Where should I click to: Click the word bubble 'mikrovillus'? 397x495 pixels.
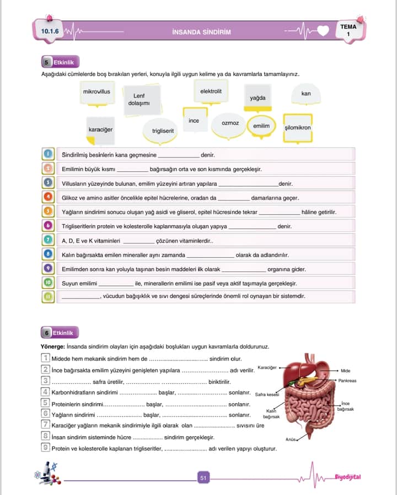coord(96,92)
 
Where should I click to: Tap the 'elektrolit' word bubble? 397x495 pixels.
coord(211,91)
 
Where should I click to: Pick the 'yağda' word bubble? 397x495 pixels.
coord(257,98)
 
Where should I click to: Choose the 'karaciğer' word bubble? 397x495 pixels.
coord(100,129)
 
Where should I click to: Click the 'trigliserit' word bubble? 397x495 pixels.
coord(163,131)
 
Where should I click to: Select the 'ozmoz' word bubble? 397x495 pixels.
coord(230,123)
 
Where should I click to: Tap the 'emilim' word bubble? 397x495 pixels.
coord(261,126)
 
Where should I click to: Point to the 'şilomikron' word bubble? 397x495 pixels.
coord(298,128)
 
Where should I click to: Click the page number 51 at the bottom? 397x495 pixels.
coord(203,478)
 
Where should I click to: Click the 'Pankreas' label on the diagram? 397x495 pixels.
coord(347,380)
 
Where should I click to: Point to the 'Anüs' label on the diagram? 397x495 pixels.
coord(291,439)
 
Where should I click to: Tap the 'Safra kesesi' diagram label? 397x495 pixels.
coord(267,394)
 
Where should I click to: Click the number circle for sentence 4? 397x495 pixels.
coord(48,197)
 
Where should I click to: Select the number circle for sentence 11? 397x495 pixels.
coord(48,296)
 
